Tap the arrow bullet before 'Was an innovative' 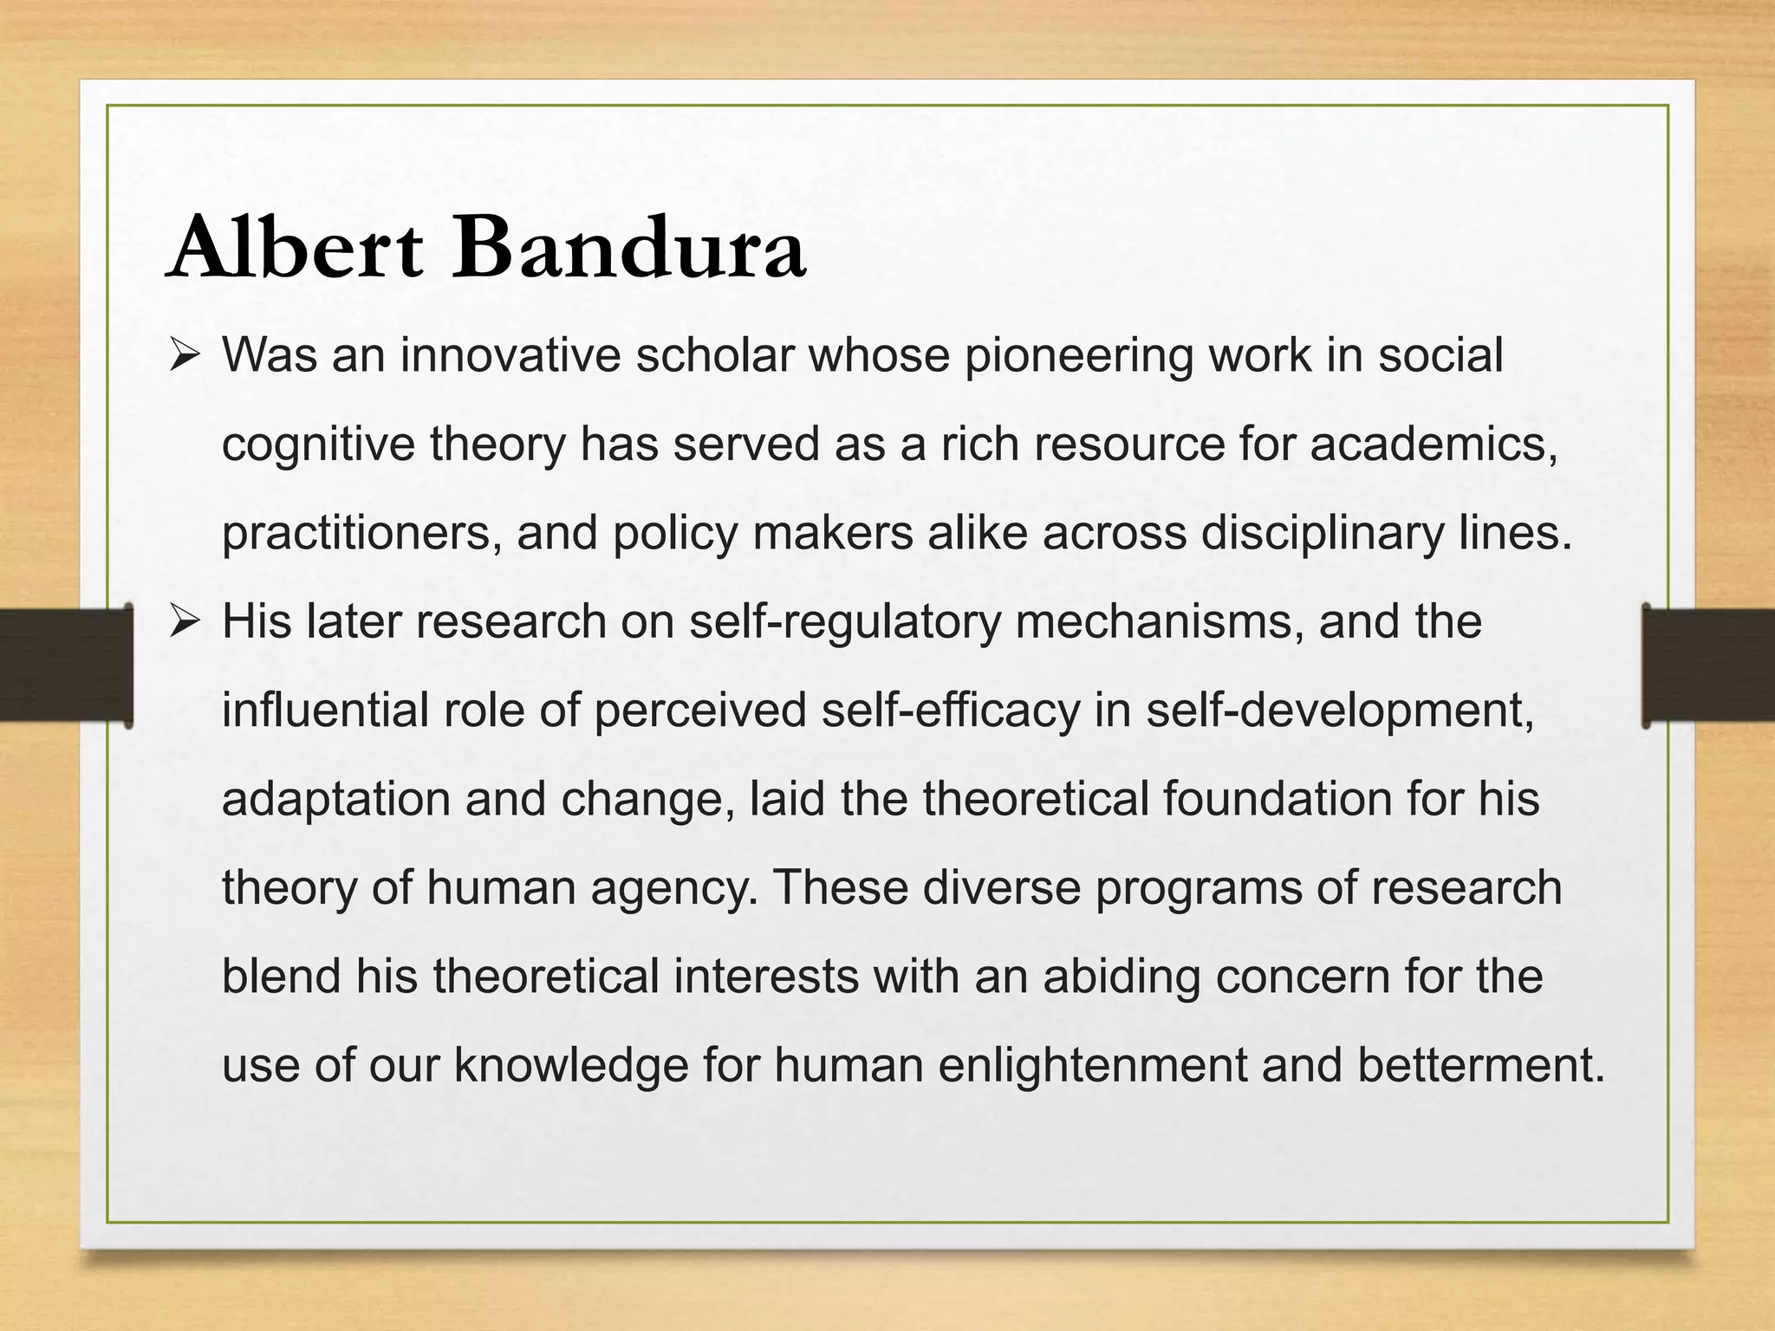tap(185, 356)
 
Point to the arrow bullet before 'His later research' tap(185, 622)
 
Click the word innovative tap(510, 356)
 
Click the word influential tap(325, 711)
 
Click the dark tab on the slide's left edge tap(65, 665)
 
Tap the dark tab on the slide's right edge tap(1709, 665)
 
